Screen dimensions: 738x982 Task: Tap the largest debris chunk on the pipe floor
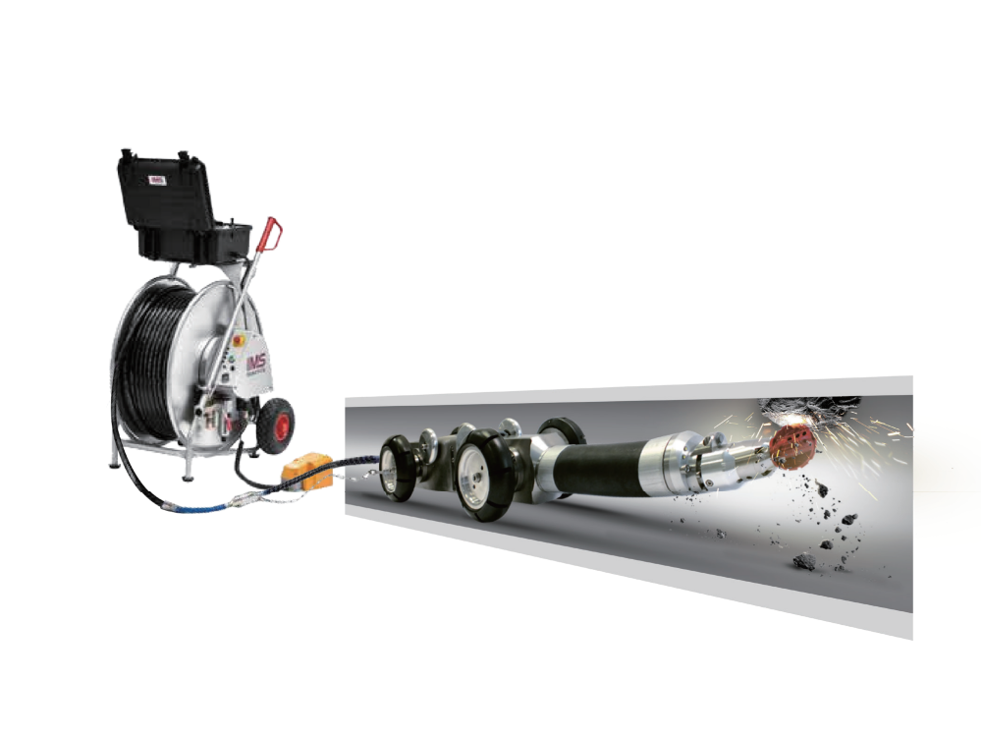(x=805, y=561)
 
